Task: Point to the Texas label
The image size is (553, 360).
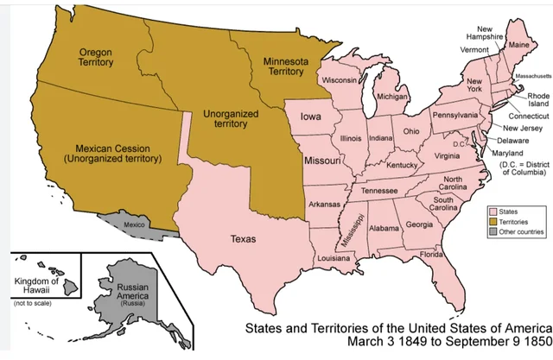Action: pos(244,239)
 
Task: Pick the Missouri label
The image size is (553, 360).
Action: pos(321,161)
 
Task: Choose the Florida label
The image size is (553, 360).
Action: pos(431,255)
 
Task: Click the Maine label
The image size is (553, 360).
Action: pos(518,45)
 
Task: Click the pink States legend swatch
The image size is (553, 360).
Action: pos(492,211)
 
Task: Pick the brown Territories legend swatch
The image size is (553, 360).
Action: pos(492,222)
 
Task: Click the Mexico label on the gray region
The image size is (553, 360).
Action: pos(134,224)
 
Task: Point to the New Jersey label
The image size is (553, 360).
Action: pos(521,127)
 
